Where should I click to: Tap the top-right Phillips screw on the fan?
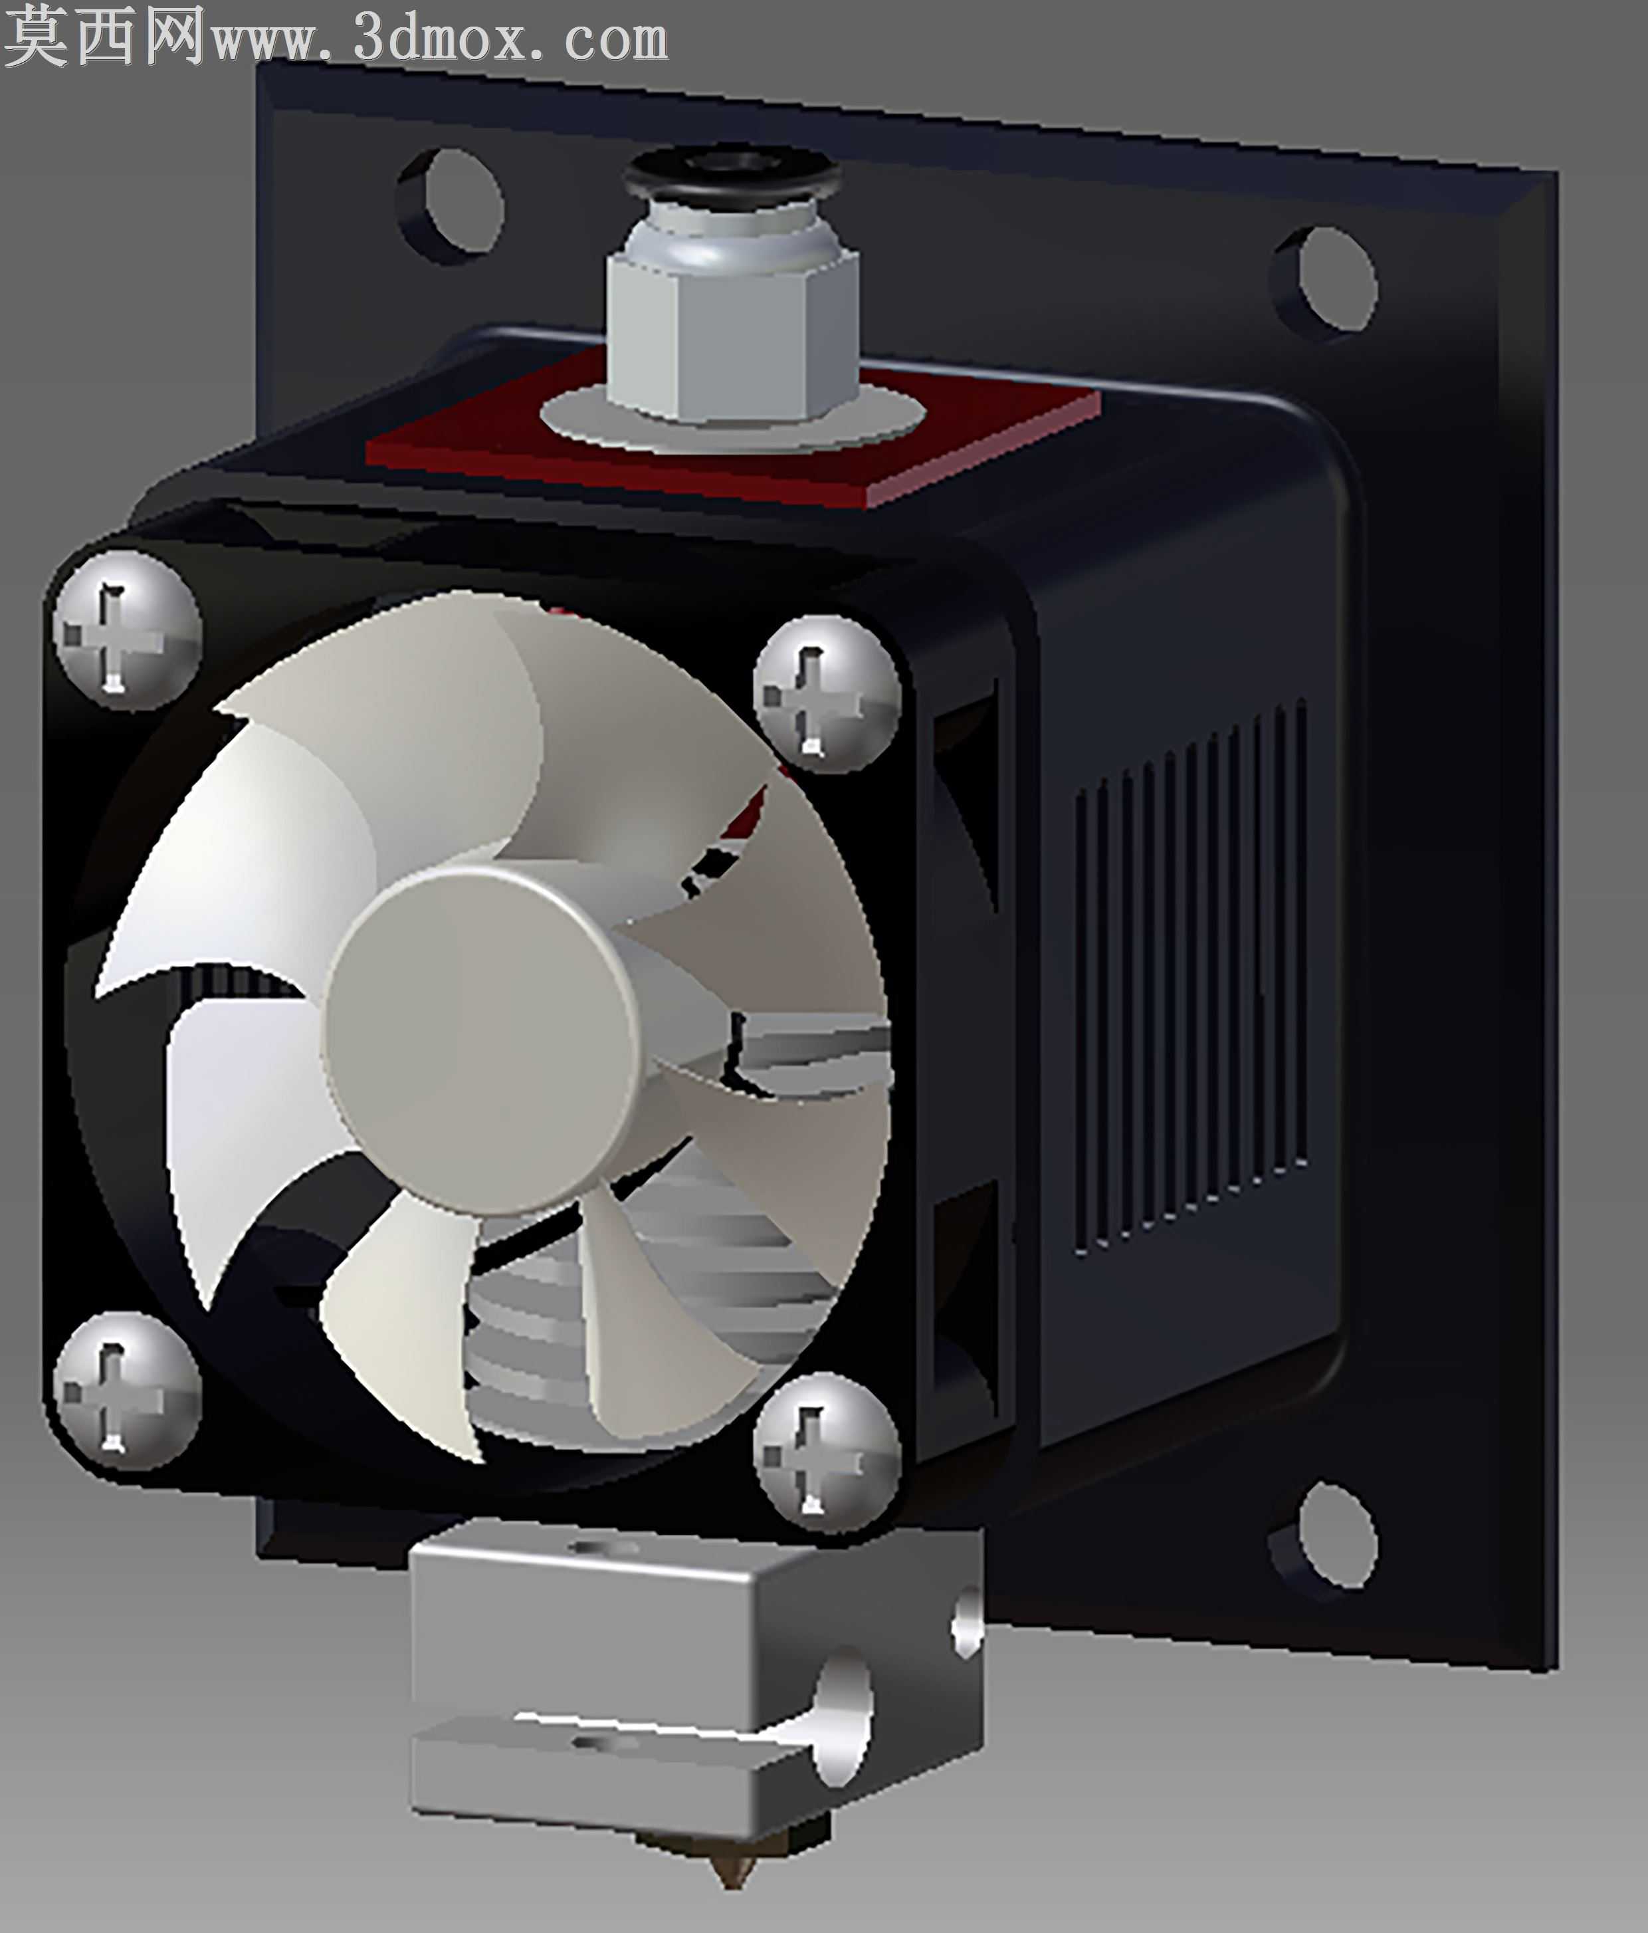click(827, 693)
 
